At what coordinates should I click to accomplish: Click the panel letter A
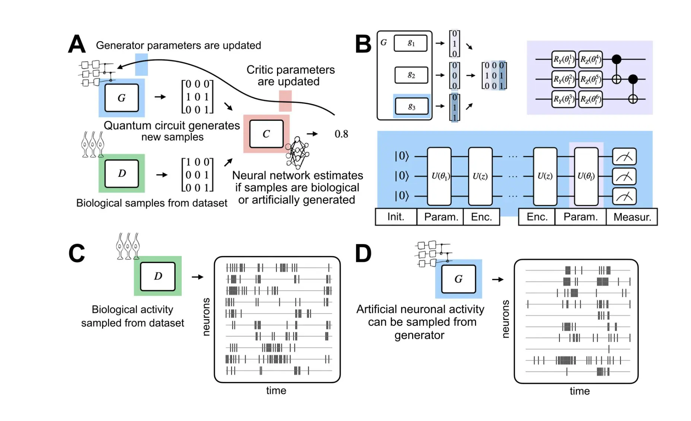77,44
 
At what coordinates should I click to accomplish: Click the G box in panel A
121,98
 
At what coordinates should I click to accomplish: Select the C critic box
266,134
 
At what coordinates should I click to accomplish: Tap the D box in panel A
122,174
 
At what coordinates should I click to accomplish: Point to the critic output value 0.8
341,134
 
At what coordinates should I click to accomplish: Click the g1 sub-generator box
411,43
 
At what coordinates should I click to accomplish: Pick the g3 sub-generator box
411,107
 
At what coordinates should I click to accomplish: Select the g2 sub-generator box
411,75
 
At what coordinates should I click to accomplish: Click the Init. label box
395,217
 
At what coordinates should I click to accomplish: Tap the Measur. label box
632,217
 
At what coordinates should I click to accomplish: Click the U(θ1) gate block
439,176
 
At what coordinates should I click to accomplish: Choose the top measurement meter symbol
624,157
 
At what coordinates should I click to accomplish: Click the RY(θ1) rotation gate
563,59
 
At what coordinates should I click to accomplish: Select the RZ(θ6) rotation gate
590,99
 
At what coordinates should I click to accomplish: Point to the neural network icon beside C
297,152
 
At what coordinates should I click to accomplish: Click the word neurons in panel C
206,316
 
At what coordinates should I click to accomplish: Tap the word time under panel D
579,391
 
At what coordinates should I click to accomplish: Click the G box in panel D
458,279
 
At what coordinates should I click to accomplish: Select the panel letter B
363,44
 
